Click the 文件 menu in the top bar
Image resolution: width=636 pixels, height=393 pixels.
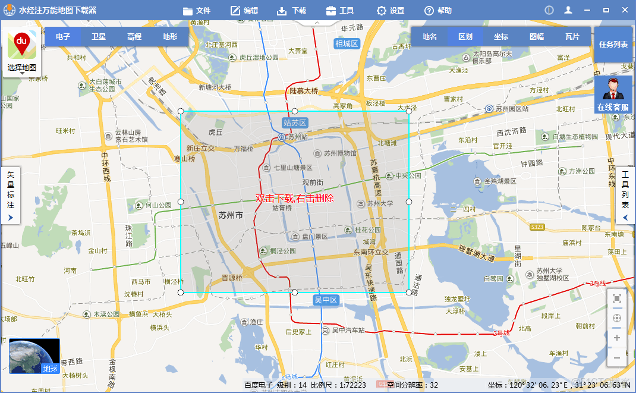point(197,11)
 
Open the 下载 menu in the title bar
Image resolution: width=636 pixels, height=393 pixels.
point(291,11)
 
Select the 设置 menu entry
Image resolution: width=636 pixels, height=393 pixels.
point(390,11)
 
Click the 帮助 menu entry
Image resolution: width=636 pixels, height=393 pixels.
point(437,11)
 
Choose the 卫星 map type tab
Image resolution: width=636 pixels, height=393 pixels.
point(99,37)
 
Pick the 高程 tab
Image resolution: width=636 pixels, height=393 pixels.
point(134,37)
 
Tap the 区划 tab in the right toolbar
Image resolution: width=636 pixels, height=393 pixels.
point(465,37)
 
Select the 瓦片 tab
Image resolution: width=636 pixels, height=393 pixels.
point(572,37)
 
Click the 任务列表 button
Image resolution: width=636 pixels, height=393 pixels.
point(613,45)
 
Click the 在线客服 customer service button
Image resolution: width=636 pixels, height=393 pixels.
point(613,95)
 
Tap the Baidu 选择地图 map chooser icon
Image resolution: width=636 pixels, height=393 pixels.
point(22,51)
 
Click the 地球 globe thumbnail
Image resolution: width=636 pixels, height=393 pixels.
point(34,356)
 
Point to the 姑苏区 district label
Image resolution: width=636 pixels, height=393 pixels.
point(295,123)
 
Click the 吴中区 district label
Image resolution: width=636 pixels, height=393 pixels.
point(326,300)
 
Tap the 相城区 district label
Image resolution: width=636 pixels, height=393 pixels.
point(347,43)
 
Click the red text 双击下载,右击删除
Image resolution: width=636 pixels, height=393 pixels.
point(295,198)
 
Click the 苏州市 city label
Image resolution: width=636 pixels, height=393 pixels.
point(231,215)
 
